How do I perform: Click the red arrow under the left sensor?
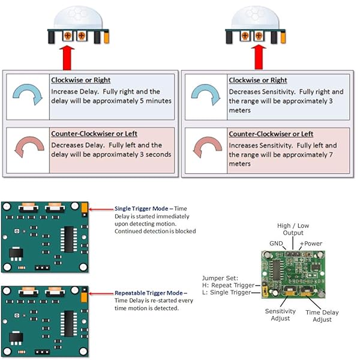[79, 58]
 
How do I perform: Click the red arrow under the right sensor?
[258, 58]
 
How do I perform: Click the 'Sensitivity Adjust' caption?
[281, 314]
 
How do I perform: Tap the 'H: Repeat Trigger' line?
[229, 286]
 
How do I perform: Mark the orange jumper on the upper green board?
[85, 208]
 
